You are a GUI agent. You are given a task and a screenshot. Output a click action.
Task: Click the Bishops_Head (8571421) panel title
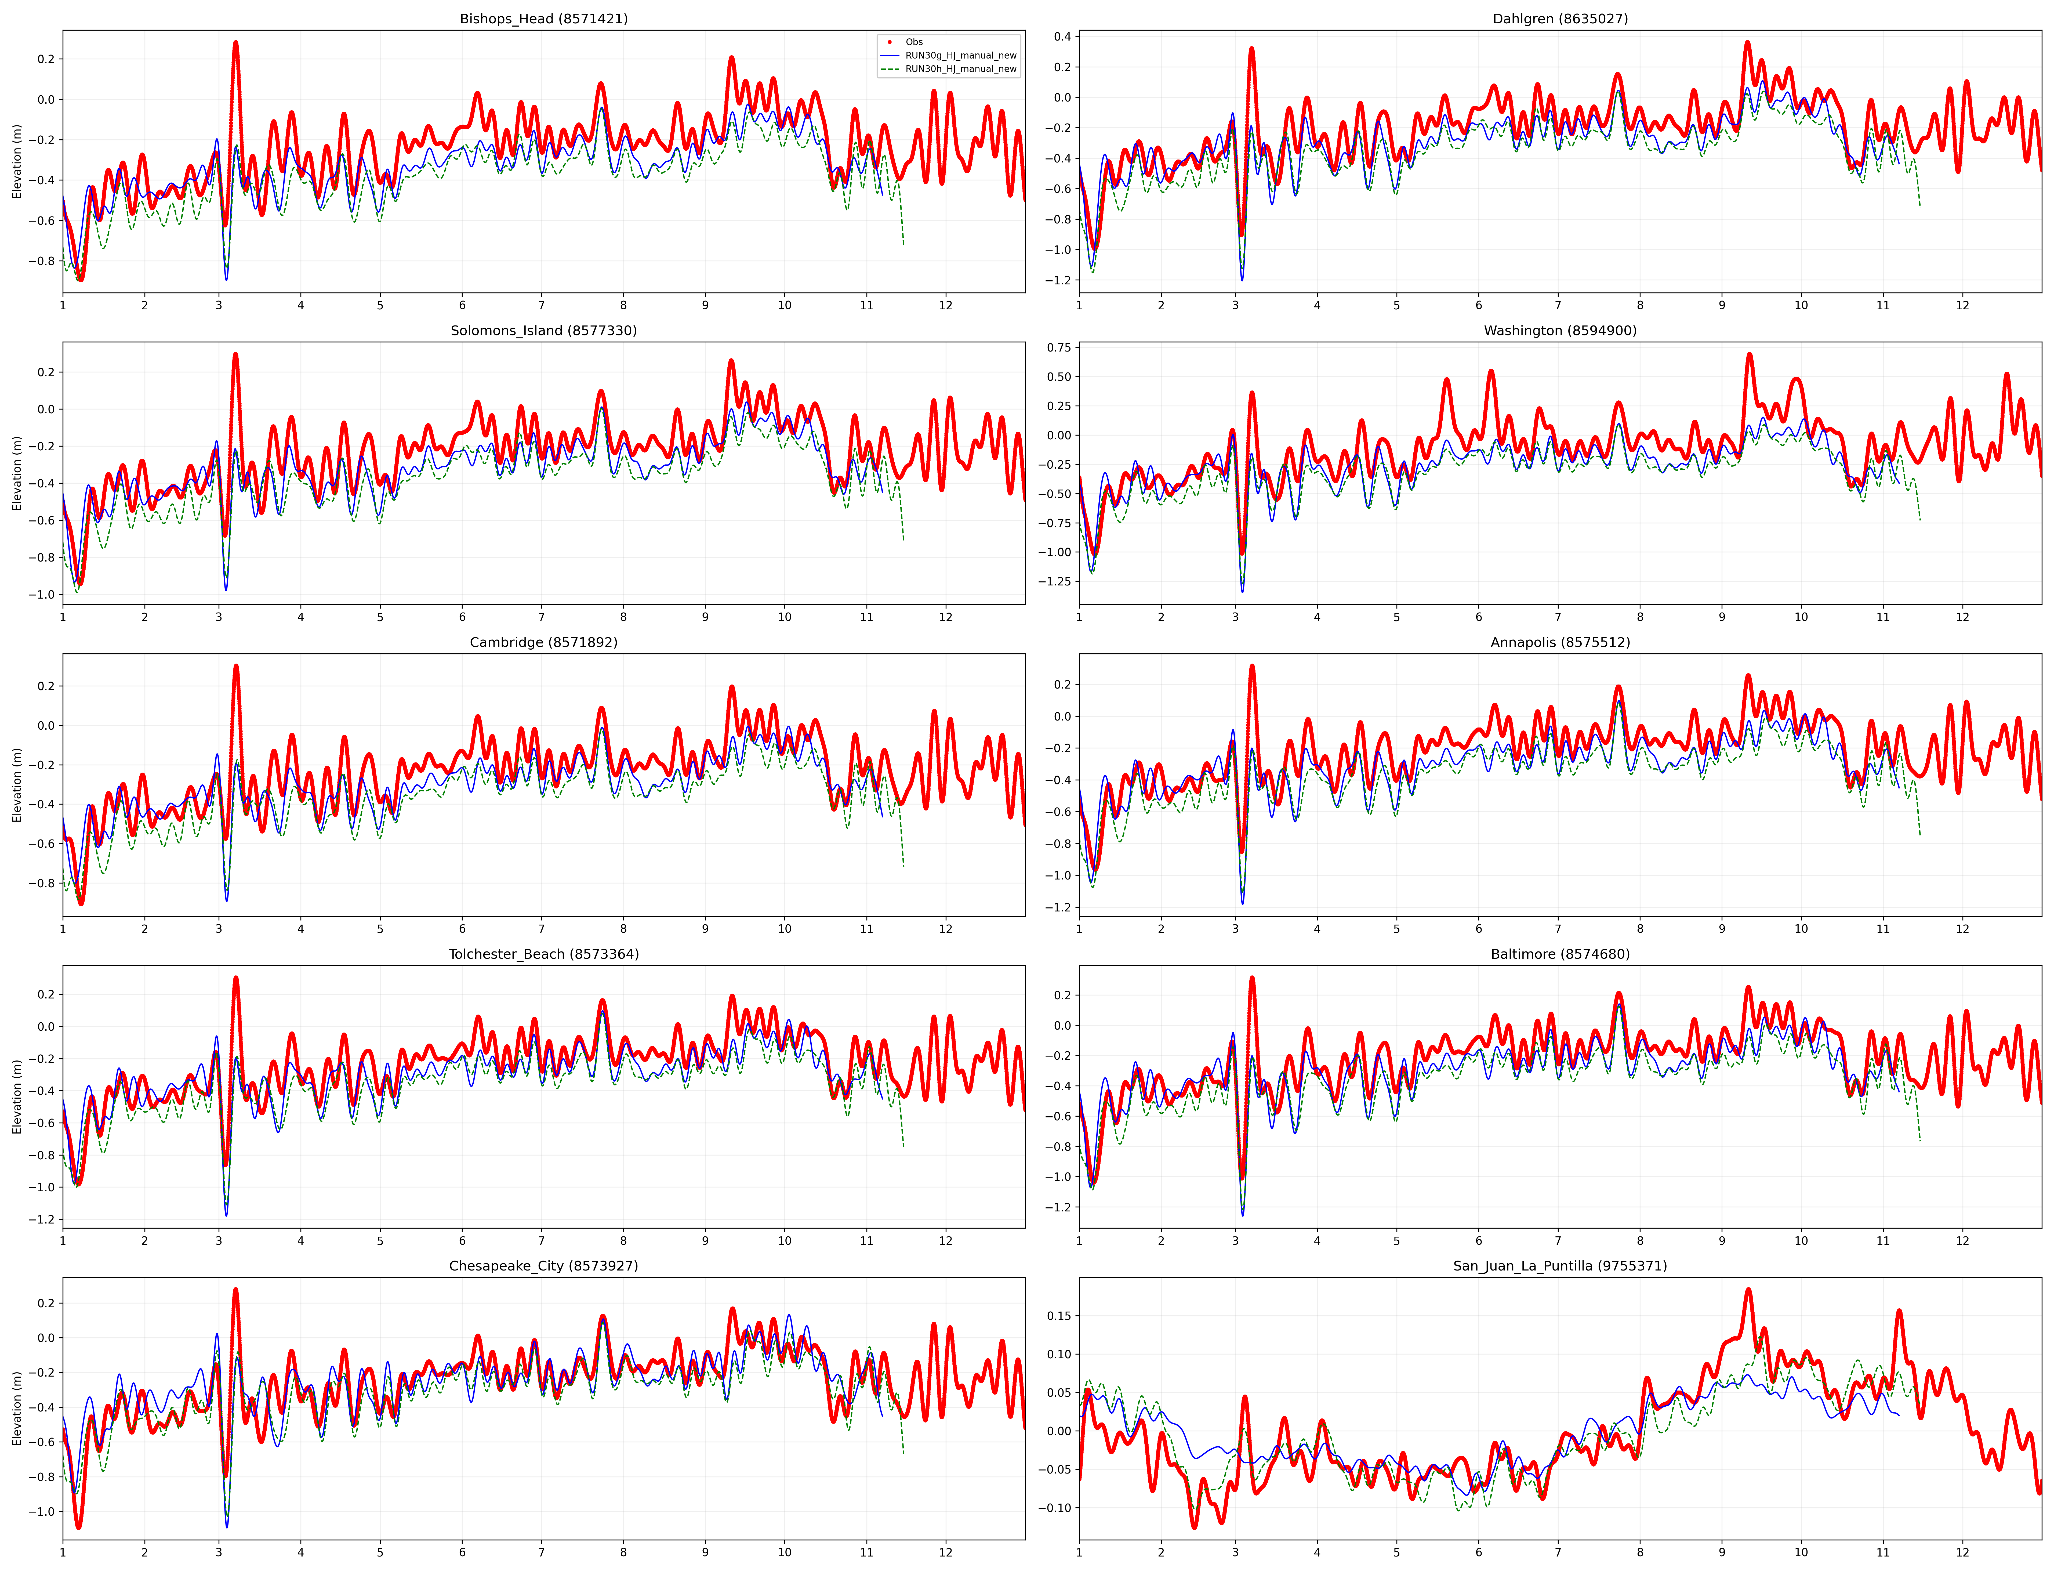543,19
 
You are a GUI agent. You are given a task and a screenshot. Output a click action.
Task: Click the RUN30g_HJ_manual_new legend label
960,55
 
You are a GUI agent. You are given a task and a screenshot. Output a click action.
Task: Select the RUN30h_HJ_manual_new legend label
960,69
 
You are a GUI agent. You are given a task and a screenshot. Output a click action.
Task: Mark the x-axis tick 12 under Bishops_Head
946,305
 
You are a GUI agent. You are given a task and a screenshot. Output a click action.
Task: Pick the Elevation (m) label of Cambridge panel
17,785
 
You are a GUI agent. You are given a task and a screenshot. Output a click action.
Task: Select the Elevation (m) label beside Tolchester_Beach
17,1096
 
